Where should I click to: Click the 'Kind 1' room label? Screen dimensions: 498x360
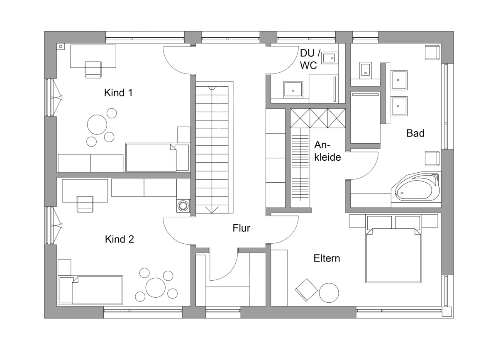click(x=118, y=93)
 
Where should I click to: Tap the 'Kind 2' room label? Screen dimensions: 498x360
click(x=120, y=239)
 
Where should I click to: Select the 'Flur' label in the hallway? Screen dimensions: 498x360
click(x=241, y=228)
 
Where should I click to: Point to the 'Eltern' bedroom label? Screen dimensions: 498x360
click(x=327, y=258)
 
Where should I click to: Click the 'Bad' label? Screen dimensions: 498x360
click(x=415, y=133)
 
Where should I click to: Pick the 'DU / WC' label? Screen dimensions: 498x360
click(x=310, y=59)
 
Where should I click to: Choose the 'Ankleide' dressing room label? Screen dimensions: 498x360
click(x=327, y=151)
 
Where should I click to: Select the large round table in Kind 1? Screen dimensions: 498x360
click(x=97, y=125)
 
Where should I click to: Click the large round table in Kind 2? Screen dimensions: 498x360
click(x=156, y=287)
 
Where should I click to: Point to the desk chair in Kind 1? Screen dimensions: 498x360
click(x=93, y=70)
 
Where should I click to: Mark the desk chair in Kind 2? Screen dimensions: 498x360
click(x=85, y=204)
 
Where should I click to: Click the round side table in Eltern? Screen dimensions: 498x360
click(x=329, y=293)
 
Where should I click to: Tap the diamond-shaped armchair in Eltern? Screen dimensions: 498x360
click(x=306, y=290)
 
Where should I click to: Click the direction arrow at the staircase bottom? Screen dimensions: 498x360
click(x=212, y=210)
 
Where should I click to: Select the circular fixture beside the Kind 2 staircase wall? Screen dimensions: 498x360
click(x=183, y=206)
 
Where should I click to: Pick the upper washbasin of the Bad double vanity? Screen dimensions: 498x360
click(x=400, y=80)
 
